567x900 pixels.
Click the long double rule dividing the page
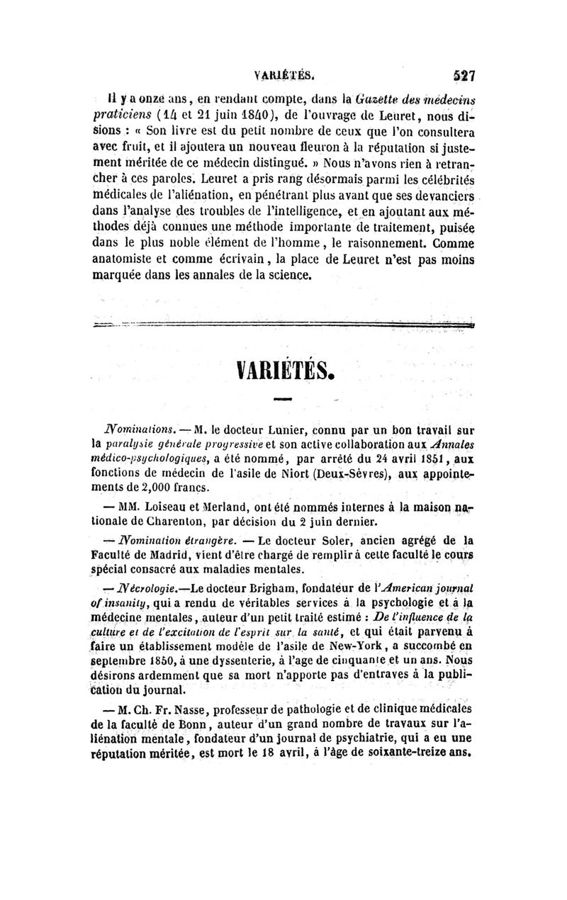[x=283, y=325]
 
